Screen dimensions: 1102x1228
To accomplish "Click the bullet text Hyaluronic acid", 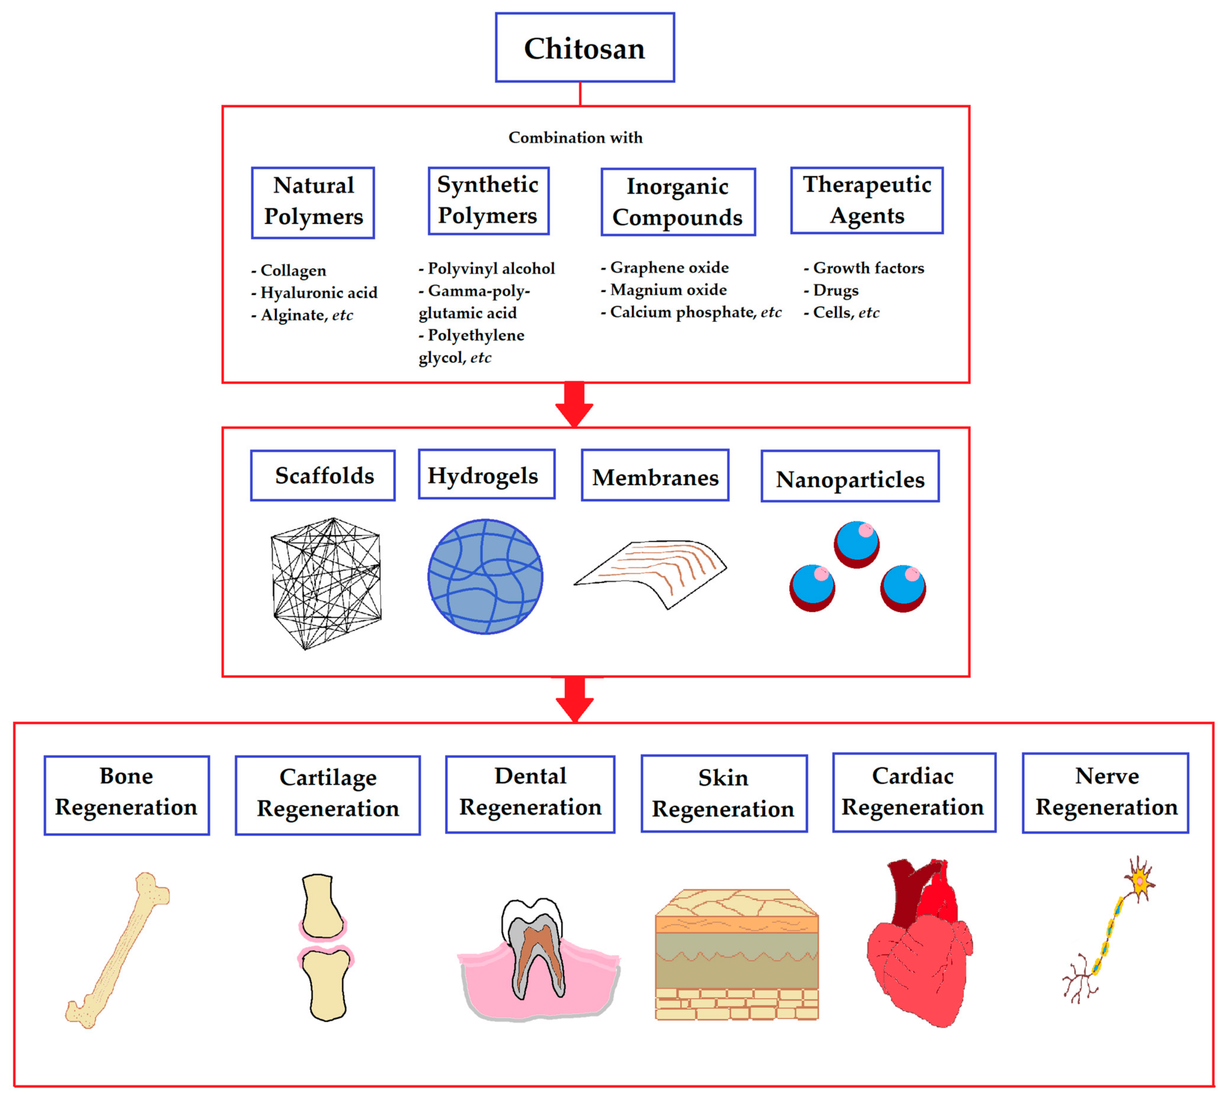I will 318,293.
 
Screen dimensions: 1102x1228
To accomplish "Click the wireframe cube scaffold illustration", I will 326,583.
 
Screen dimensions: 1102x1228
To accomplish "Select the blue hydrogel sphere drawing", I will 485,576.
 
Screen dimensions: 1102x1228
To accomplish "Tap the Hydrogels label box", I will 486,475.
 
